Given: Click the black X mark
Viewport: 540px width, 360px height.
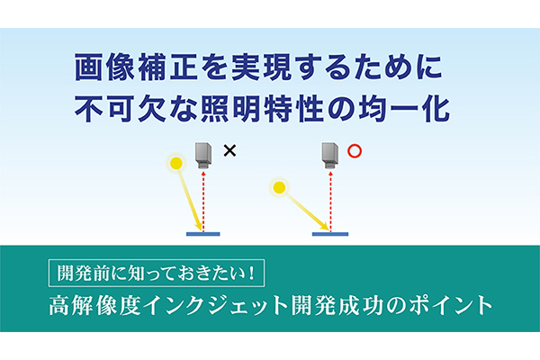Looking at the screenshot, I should pyautogui.click(x=229, y=151).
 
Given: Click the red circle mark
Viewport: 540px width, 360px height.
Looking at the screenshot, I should pyautogui.click(x=355, y=151).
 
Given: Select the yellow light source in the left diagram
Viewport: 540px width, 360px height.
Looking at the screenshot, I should pyautogui.click(x=176, y=163).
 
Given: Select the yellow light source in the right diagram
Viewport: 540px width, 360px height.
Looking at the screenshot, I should pyautogui.click(x=280, y=187).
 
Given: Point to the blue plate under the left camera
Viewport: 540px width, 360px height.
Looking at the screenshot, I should pyautogui.click(x=204, y=234).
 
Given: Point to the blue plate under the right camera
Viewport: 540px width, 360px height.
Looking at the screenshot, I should pyautogui.click(x=330, y=234).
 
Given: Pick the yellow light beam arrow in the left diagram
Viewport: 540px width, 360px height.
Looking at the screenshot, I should pyautogui.click(x=190, y=200).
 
